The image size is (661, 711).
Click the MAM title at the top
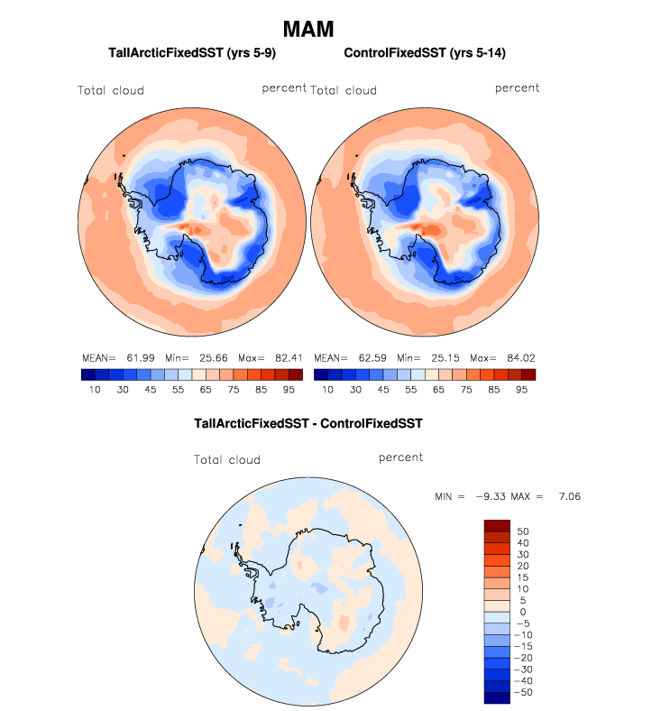308,29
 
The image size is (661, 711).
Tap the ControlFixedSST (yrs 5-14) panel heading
425,54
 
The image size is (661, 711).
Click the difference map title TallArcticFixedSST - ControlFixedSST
308,422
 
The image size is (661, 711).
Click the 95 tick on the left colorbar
288,390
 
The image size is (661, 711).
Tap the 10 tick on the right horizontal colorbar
327,390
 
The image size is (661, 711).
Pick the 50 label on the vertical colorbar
523,531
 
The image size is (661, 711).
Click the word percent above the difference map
400,457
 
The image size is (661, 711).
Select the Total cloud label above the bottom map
227,460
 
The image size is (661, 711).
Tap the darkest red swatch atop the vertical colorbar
497,525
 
